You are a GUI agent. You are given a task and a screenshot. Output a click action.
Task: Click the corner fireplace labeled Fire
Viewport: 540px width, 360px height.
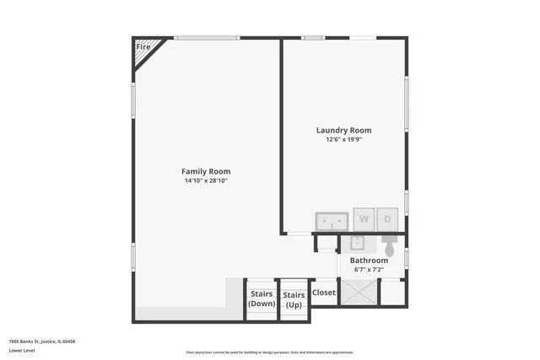(x=143, y=48)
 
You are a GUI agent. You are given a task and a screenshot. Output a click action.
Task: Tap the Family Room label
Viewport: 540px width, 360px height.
(x=207, y=171)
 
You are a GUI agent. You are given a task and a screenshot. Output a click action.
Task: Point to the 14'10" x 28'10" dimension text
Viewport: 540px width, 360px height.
(x=207, y=180)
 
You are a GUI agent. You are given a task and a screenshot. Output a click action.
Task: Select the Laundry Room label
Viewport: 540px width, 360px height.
(x=343, y=130)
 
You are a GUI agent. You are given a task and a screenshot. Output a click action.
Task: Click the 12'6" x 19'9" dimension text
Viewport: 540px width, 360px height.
(x=343, y=139)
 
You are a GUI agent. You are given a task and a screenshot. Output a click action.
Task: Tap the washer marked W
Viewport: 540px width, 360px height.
(x=364, y=219)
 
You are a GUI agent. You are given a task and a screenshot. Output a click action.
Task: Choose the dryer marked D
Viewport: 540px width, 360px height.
(x=388, y=219)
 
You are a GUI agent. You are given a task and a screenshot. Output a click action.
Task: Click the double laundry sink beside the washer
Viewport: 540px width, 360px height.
(x=332, y=221)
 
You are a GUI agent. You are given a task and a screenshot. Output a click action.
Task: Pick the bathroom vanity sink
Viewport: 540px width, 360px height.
(x=357, y=244)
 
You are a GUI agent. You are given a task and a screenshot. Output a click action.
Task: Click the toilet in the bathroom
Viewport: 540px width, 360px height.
(x=389, y=247)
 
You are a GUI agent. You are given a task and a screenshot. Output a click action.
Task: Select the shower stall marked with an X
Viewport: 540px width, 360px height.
(x=361, y=292)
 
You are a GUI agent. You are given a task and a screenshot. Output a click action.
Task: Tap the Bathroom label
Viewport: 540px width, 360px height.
(x=369, y=261)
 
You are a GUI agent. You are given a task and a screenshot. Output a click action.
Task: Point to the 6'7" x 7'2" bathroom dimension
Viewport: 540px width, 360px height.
(x=369, y=270)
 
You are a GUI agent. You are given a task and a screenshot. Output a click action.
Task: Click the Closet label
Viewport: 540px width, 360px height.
(x=324, y=293)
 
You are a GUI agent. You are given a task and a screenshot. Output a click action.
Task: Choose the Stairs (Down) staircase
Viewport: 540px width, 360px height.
(x=262, y=299)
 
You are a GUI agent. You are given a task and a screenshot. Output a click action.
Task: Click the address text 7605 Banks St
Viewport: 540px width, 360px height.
(x=42, y=341)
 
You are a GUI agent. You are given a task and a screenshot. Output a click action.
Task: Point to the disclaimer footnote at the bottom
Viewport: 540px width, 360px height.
(x=269, y=352)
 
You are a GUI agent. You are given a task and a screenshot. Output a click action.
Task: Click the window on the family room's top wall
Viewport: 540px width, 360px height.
(x=206, y=37)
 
